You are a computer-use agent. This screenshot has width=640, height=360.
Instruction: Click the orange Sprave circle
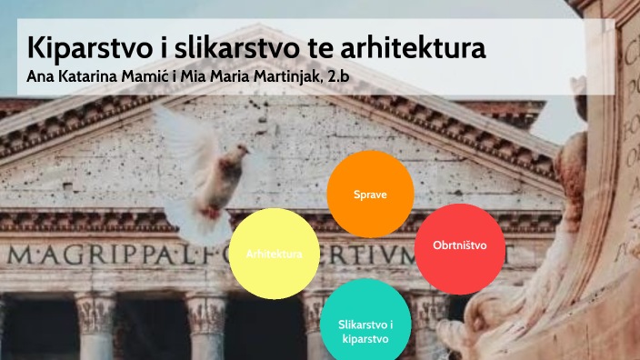coord(370,194)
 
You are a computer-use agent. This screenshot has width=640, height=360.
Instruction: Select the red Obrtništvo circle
coord(459,247)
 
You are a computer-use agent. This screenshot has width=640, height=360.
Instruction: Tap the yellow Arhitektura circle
coord(274,253)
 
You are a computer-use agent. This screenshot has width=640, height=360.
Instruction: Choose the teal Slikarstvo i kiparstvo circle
coord(365,324)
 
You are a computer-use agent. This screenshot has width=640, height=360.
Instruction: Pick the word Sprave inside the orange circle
coord(370,195)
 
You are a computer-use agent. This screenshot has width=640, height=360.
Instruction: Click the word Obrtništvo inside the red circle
coord(459,245)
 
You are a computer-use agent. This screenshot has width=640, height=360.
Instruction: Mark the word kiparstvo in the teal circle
coord(365,338)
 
